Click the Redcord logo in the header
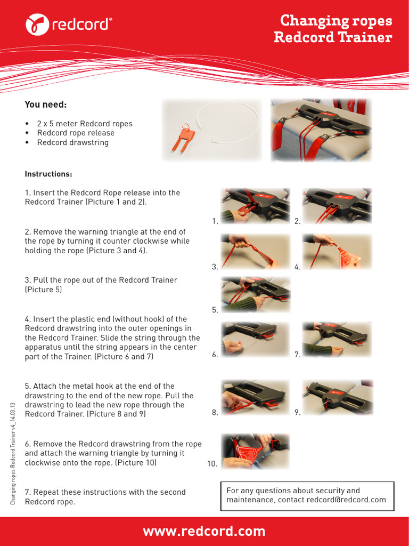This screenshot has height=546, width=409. pyautogui.click(x=69, y=24)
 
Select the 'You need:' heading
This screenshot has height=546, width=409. pyautogui.click(x=46, y=105)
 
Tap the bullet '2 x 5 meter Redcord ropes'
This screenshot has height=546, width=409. pyautogui.click(x=84, y=124)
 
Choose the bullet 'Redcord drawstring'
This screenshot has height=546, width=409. pyautogui.click(x=72, y=142)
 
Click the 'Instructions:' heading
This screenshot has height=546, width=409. pyautogui.click(x=48, y=174)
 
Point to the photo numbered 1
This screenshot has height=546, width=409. pyautogui.click(x=256, y=205)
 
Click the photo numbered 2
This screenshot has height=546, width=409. pyautogui.click(x=337, y=205)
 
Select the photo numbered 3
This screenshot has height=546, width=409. pyautogui.click(x=256, y=251)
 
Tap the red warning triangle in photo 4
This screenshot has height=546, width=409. pyautogui.click(x=346, y=259)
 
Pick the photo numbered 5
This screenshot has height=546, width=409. pyautogui.click(x=256, y=294)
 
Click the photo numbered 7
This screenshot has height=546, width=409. pyautogui.click(x=337, y=339)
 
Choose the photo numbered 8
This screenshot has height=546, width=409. pyautogui.click(x=256, y=397)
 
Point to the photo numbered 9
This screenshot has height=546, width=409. pyautogui.click(x=337, y=397)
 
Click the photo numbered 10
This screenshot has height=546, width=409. pyautogui.click(x=256, y=451)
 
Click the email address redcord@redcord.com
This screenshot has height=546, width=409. pyautogui.click(x=349, y=500)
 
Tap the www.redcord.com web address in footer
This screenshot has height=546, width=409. pyautogui.click(x=204, y=531)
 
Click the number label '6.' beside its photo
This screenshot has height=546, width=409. pyautogui.click(x=215, y=355)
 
